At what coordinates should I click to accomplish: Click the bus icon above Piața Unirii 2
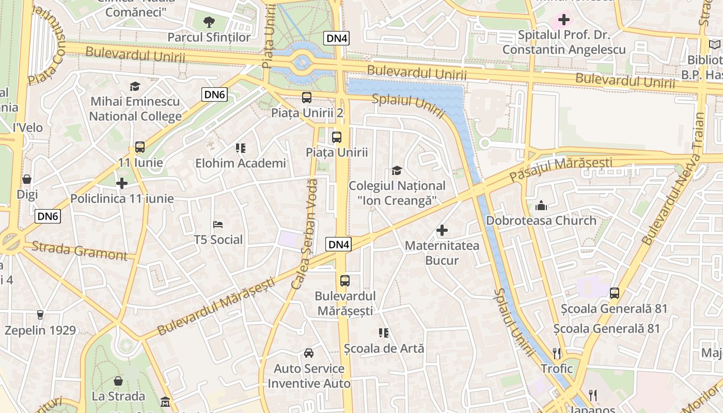coord(307,97)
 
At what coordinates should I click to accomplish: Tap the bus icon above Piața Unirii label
coord(337,137)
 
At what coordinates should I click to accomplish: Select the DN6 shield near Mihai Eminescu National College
coord(215,94)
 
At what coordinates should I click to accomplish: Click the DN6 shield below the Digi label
coord(48,216)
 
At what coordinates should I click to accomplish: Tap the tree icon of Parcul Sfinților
coord(209,22)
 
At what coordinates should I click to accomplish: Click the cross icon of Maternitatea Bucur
coord(442,230)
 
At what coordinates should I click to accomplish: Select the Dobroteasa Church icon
coord(541,205)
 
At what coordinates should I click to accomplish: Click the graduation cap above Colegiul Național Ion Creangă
coord(397,170)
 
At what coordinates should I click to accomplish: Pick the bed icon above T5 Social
coord(218,225)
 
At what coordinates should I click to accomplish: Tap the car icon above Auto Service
coord(309,353)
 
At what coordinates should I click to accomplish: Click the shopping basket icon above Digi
coord(27,179)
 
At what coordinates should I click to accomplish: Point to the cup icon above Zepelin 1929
coord(40,314)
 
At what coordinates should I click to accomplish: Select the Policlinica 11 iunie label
coord(122,199)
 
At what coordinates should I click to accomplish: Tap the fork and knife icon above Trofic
coord(557,353)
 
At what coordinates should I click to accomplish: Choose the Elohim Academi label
coord(240,164)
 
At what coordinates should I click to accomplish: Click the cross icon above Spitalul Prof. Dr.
coord(564,20)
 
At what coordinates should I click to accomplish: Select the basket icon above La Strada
coord(118,381)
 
